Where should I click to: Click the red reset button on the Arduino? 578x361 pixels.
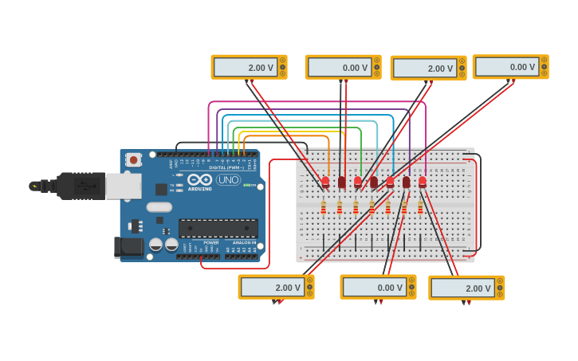(134, 160)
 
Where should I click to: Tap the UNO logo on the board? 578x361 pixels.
(228, 179)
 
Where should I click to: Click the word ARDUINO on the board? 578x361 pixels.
(200, 189)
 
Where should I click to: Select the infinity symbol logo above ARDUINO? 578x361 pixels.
(199, 179)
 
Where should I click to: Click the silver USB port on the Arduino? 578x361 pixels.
(124, 186)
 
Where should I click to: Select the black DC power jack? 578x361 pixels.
(128, 247)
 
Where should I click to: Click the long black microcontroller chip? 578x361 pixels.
(218, 228)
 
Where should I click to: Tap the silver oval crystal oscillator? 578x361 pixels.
(159, 207)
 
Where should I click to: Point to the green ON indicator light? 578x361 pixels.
(246, 185)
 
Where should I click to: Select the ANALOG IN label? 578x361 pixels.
(244, 242)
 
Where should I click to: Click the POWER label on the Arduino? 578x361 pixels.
(210, 242)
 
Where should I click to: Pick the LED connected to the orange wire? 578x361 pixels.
(325, 182)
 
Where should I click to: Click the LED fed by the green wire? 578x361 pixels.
(358, 182)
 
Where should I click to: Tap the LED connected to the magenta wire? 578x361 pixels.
(423, 182)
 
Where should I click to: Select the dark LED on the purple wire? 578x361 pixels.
(407, 182)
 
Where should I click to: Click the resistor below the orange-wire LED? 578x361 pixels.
(323, 207)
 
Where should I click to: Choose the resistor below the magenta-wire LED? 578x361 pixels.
(420, 207)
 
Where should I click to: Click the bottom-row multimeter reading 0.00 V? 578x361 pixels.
(378, 287)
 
